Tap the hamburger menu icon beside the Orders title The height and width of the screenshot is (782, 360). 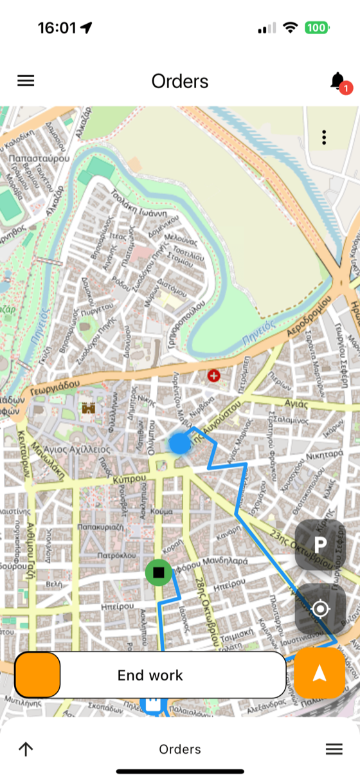point(26,81)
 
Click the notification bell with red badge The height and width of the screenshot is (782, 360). point(339,82)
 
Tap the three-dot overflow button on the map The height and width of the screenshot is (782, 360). point(324,137)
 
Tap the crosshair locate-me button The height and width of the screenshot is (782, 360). point(320,608)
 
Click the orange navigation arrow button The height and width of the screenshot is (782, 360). point(319,673)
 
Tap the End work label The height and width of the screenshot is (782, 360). point(150,675)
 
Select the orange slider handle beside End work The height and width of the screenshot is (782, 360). point(38,675)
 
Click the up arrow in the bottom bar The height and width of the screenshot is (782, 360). point(26,749)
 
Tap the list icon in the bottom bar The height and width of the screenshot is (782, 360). point(334,749)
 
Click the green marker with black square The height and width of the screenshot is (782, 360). point(158,572)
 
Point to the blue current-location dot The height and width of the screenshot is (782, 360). point(179,443)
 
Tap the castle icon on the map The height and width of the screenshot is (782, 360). point(88,408)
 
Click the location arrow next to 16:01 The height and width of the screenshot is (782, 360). point(87,28)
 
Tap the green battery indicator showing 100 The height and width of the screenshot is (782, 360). point(317,28)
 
